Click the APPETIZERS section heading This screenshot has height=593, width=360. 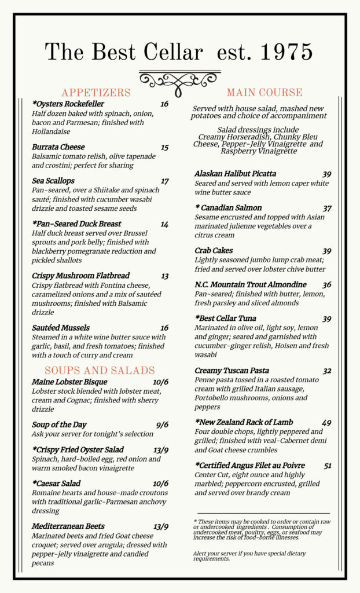tap(96, 93)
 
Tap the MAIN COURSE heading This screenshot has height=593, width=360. tap(265, 93)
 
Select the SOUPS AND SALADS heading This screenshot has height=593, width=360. tap(100, 371)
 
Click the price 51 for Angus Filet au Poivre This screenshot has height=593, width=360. tap(328, 466)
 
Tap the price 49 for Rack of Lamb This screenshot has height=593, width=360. tap(327, 423)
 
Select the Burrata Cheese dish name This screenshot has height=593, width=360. tap(58, 147)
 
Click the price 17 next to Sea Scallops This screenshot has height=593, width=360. tap(165, 181)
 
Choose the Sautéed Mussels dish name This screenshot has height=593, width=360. tap(60, 328)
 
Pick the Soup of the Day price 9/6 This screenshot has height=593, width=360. tap(162, 425)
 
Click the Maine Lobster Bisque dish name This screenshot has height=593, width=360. tap(69, 382)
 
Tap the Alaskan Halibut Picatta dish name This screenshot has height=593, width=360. tap(236, 174)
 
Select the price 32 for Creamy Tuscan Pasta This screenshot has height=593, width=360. tap(327, 371)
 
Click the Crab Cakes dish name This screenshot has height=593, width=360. tap(214, 251)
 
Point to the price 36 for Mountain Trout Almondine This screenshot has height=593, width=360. tap(327, 285)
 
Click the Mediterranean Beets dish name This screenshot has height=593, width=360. tap(68, 526)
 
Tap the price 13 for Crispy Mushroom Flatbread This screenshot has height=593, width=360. tap(165, 276)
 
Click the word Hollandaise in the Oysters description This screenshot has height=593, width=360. tap(52, 131)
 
